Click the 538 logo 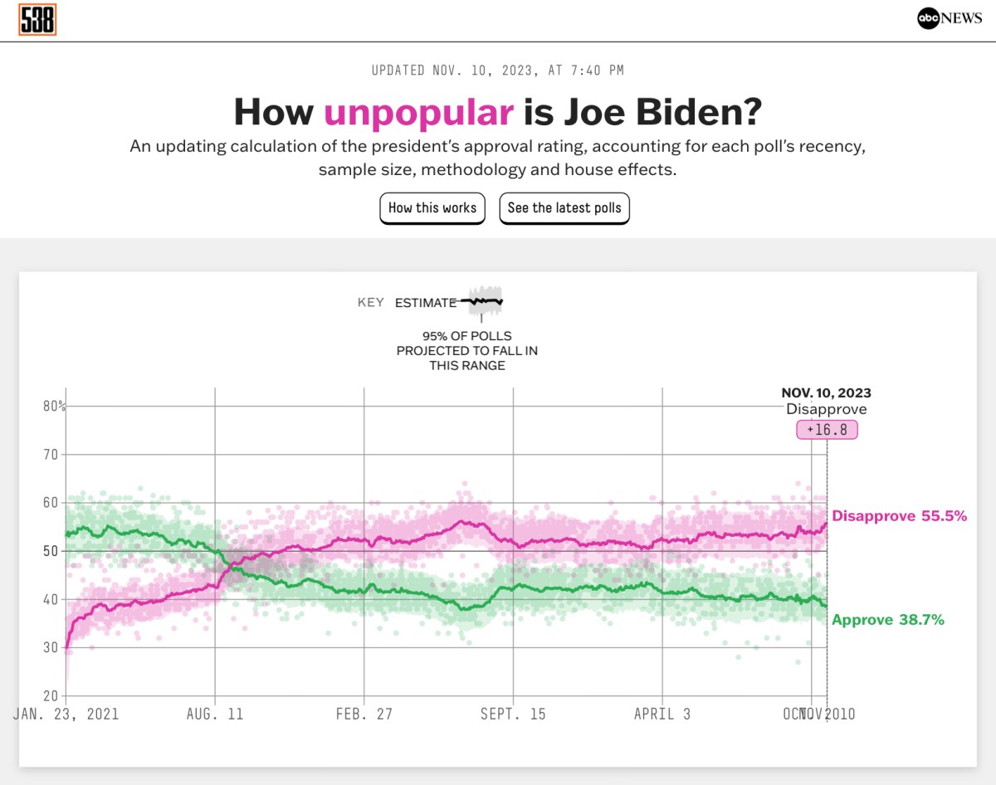[37, 20]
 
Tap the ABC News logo [950, 19]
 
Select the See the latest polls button [564, 208]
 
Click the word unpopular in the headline [418, 112]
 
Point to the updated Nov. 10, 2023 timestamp [497, 71]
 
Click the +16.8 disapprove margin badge [826, 430]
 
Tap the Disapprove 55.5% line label [899, 516]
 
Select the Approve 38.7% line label [888, 620]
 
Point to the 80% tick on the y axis [55, 407]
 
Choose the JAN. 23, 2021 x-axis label [66, 714]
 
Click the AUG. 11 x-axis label [215, 714]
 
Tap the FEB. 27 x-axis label [364, 714]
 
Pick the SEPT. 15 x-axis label [513, 714]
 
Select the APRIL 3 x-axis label [662, 714]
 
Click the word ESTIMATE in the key [426, 303]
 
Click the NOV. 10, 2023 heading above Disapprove [826, 393]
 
